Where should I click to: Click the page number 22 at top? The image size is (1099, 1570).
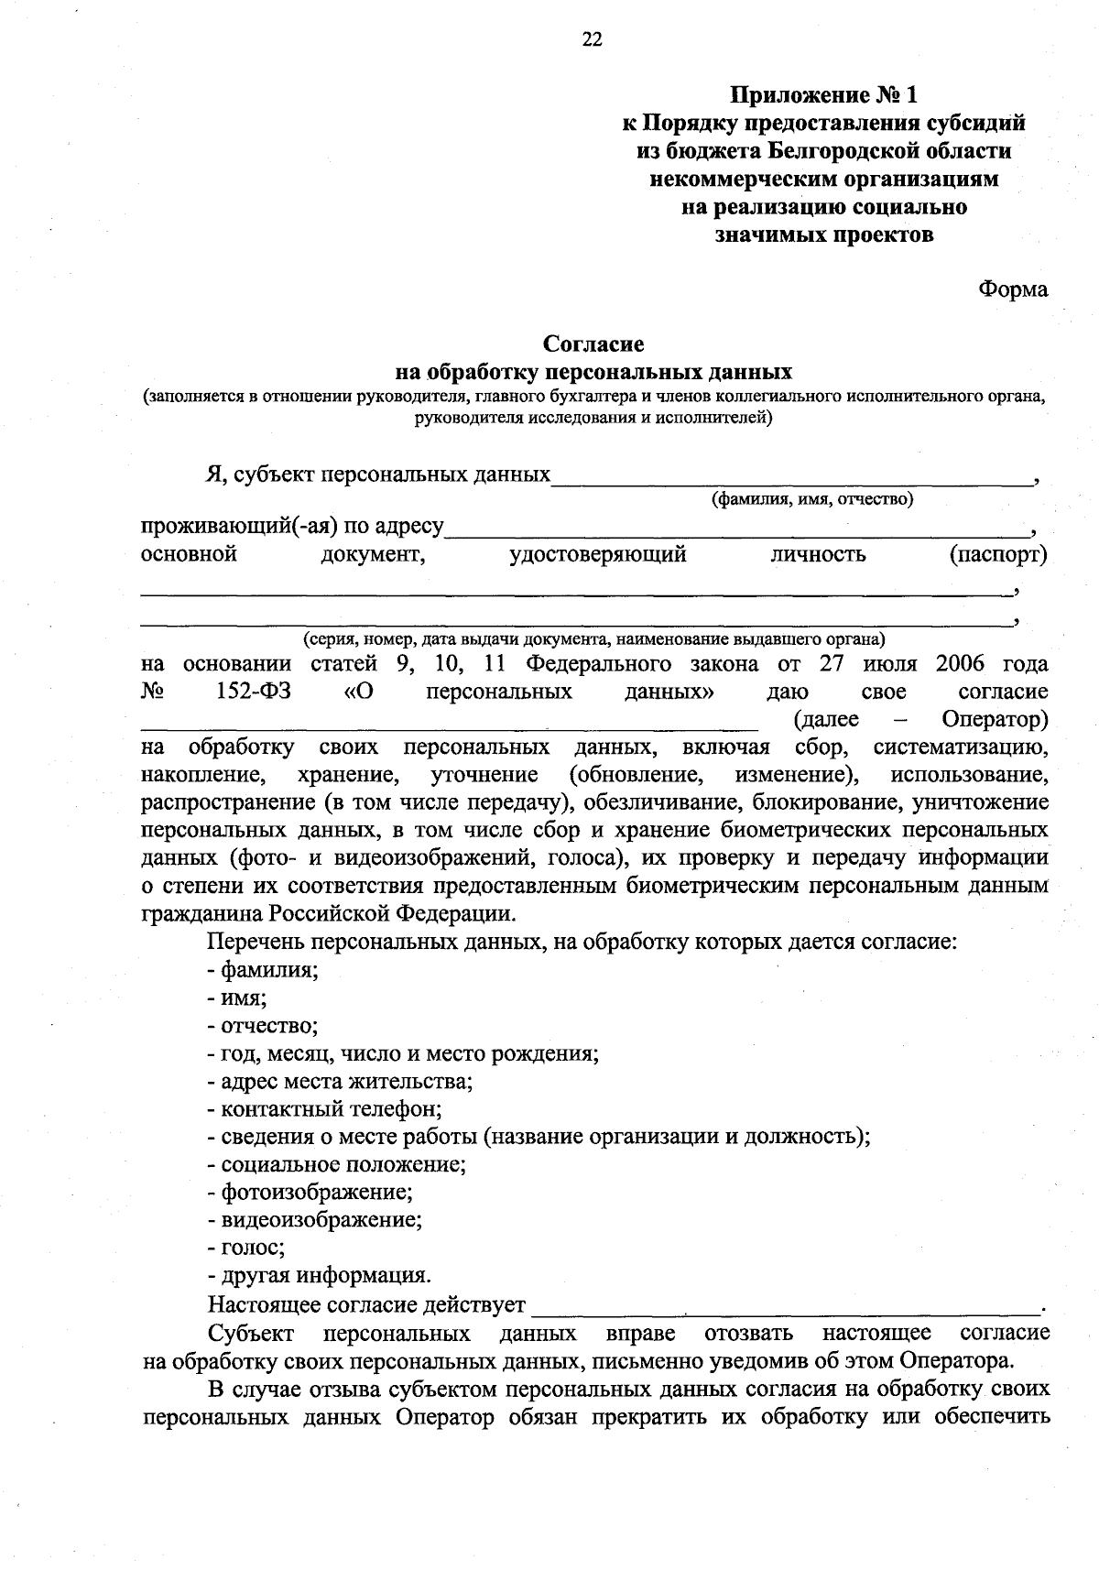[593, 38]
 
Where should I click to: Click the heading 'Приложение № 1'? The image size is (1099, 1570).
[822, 95]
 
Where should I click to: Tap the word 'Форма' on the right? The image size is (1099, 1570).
[1013, 289]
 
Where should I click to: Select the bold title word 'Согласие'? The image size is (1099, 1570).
[593, 344]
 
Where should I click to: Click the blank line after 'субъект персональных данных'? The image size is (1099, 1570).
[791, 477]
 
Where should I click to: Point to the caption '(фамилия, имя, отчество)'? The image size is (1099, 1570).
[812, 499]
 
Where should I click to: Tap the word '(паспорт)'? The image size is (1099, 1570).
[998, 555]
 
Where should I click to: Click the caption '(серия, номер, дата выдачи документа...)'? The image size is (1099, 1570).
[594, 638]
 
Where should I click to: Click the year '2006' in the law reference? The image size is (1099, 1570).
[962, 664]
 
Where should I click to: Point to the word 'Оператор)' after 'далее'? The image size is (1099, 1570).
[995, 719]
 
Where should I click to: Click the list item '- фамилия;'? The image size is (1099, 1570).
[263, 969]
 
